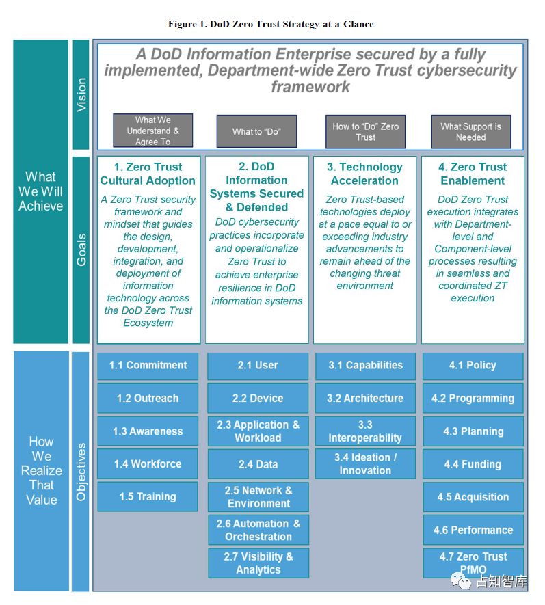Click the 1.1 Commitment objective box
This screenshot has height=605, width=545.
click(x=148, y=366)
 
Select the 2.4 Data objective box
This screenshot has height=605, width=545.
click(x=258, y=464)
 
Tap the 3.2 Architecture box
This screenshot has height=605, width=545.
click(x=365, y=398)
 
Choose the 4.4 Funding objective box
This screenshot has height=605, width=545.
click(x=473, y=464)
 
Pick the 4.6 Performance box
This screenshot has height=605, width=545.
click(x=473, y=530)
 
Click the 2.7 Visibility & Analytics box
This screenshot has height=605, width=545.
click(x=258, y=563)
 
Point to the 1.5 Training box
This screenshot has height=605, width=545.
click(x=148, y=496)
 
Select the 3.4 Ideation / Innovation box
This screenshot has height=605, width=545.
click(x=365, y=463)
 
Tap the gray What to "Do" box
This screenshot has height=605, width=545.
click(x=256, y=131)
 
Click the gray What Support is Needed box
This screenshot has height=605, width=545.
click(x=471, y=131)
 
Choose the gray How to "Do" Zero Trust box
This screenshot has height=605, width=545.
click(x=366, y=131)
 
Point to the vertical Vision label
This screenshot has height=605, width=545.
click(x=81, y=95)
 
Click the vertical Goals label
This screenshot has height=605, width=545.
click(x=81, y=250)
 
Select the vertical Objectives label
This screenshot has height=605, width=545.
click(x=81, y=472)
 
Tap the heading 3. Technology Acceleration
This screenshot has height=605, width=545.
click(x=364, y=174)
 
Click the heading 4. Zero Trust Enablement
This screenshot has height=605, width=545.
click(x=473, y=174)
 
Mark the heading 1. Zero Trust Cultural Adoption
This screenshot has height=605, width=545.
click(x=148, y=174)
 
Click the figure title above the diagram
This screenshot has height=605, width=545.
click(x=271, y=24)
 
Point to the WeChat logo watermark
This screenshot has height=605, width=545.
click(x=461, y=581)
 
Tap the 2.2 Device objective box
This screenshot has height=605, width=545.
click(x=258, y=398)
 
